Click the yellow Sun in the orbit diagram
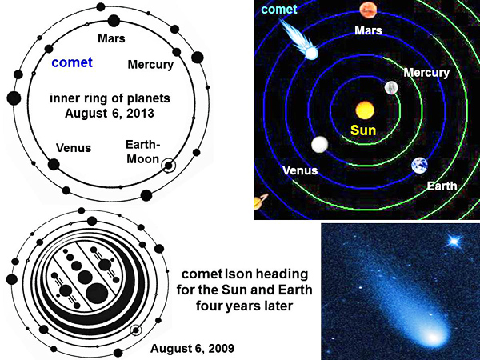coord(365,110)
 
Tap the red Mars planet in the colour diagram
coord(368,10)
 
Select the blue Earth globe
coord(419,166)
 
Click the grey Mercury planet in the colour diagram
coord(391,88)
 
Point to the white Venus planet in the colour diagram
coord(319,144)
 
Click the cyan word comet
coord(279,9)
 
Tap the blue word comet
coord(72,62)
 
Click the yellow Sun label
coord(363,130)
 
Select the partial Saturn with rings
coord(261,202)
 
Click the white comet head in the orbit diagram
coord(312,54)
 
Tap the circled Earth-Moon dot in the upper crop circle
coord(168,166)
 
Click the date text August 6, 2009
coord(192,348)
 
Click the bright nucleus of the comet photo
coord(433,338)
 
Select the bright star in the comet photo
coord(454,242)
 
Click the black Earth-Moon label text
coord(143,152)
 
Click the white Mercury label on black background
coord(426,73)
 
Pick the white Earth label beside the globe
coord(442,186)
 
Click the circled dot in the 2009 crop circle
coord(136,330)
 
